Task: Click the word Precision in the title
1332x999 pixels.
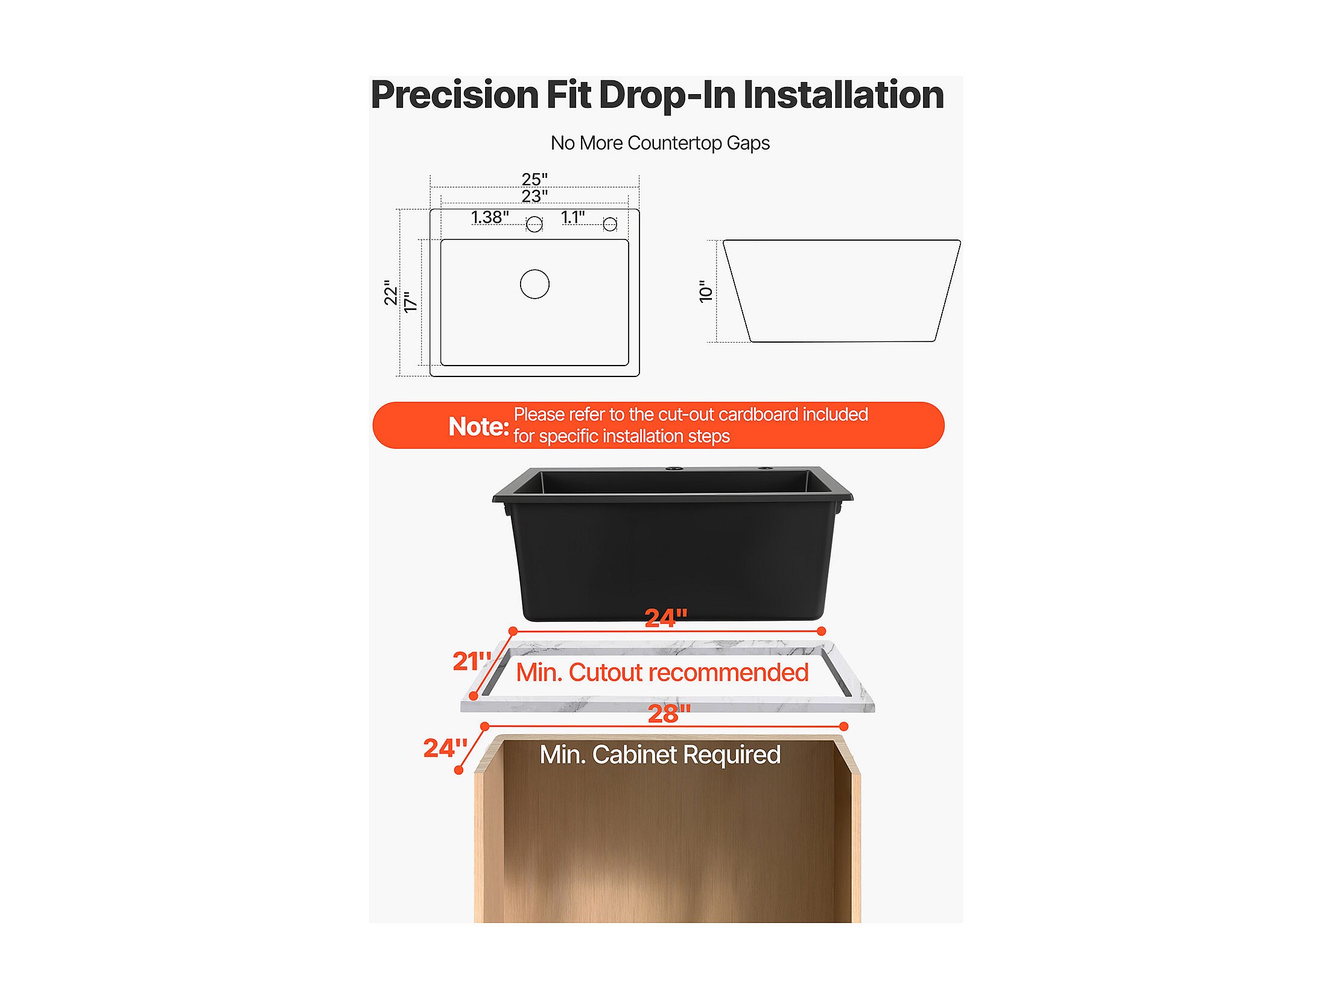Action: coord(455,95)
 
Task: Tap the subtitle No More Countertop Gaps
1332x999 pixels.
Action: coord(660,143)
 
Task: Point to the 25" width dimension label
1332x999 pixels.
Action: coord(534,179)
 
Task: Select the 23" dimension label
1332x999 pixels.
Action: coord(534,196)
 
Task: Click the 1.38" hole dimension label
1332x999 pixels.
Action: coord(490,217)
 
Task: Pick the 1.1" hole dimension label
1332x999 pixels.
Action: coord(572,217)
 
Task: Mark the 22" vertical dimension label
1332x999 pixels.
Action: coord(391,293)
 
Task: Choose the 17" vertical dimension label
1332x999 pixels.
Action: coord(411,302)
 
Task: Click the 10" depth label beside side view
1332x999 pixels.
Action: coord(705,291)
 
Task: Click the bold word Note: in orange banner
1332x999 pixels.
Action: coord(479,427)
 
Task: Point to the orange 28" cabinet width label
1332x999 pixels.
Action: coord(669,714)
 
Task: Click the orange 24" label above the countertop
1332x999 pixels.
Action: coord(666,618)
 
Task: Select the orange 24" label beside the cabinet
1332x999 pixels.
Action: coord(445,748)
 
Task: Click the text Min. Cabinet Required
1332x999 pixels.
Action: coord(660,755)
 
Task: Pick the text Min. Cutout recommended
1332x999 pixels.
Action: coord(662,673)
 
